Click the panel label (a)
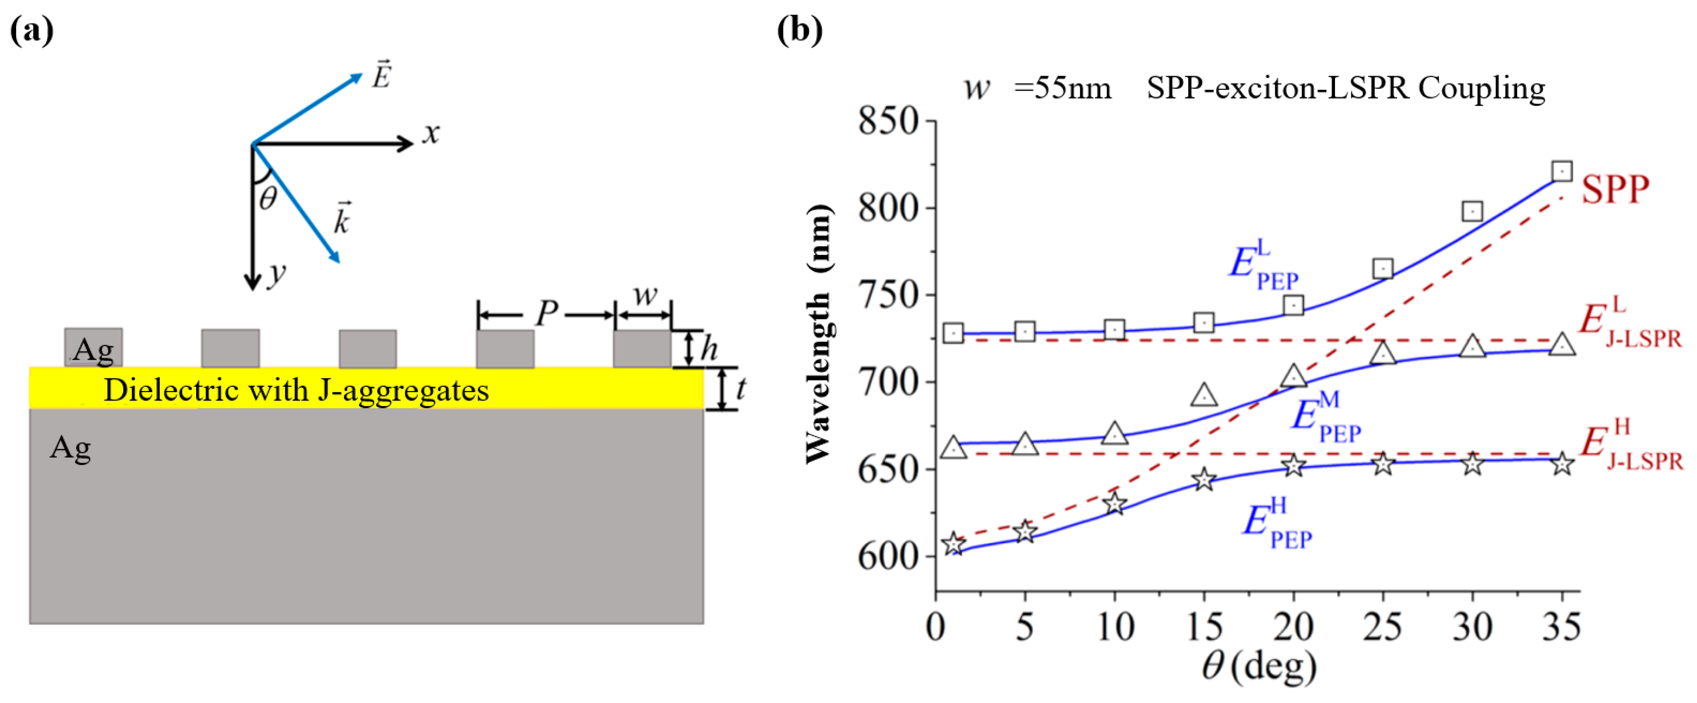[32, 31]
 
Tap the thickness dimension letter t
[741, 389]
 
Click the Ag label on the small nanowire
[93, 349]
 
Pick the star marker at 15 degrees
[1204, 479]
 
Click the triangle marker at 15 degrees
[1204, 395]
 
